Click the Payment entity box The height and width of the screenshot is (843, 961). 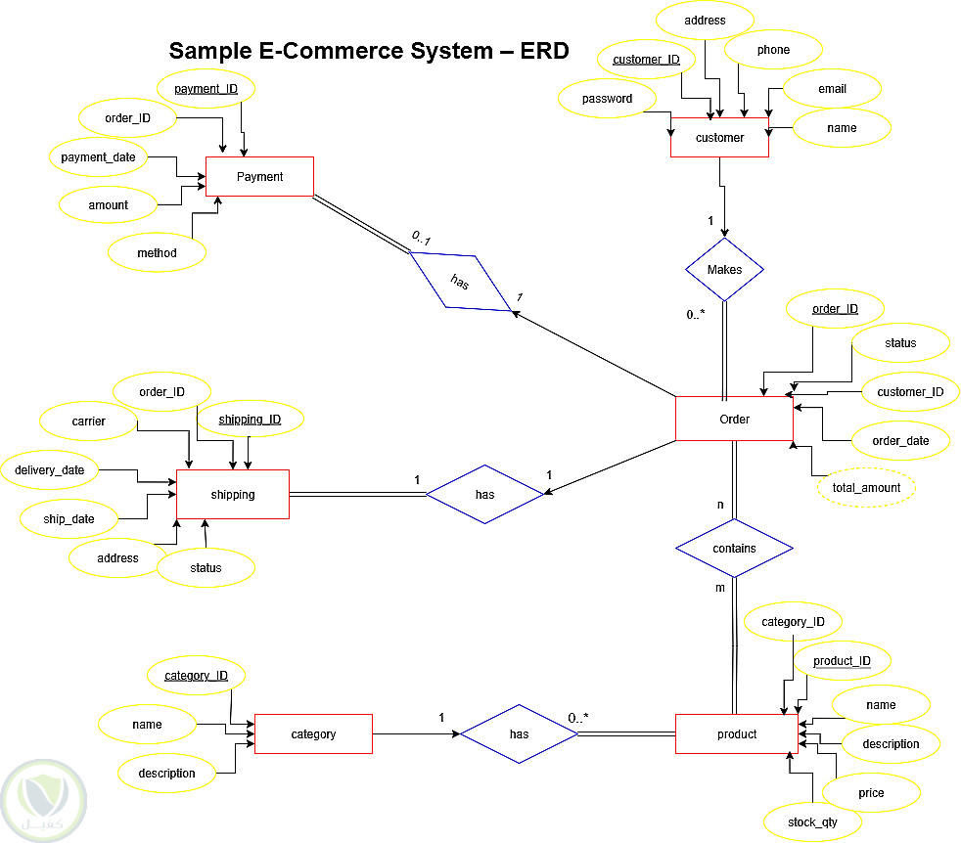point(259,177)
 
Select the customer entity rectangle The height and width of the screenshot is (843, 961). point(719,138)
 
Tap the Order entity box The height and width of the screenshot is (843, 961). point(734,420)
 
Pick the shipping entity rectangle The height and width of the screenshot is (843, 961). point(232,495)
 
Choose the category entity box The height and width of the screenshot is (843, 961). point(313,734)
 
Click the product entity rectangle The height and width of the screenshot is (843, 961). point(736,734)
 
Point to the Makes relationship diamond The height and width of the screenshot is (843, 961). point(724,270)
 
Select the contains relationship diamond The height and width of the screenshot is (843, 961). point(734,549)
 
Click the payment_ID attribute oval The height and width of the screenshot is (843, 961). point(206,90)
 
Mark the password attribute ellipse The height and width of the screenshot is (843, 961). point(607,99)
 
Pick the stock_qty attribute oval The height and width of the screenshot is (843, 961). point(812,822)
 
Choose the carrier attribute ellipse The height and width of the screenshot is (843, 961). point(88,421)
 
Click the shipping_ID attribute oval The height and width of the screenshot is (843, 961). point(249,420)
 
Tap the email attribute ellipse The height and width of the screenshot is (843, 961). point(832,89)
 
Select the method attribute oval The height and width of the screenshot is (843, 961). point(157,253)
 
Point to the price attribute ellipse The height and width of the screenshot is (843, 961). point(871,793)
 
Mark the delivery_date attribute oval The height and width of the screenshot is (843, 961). point(49,470)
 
